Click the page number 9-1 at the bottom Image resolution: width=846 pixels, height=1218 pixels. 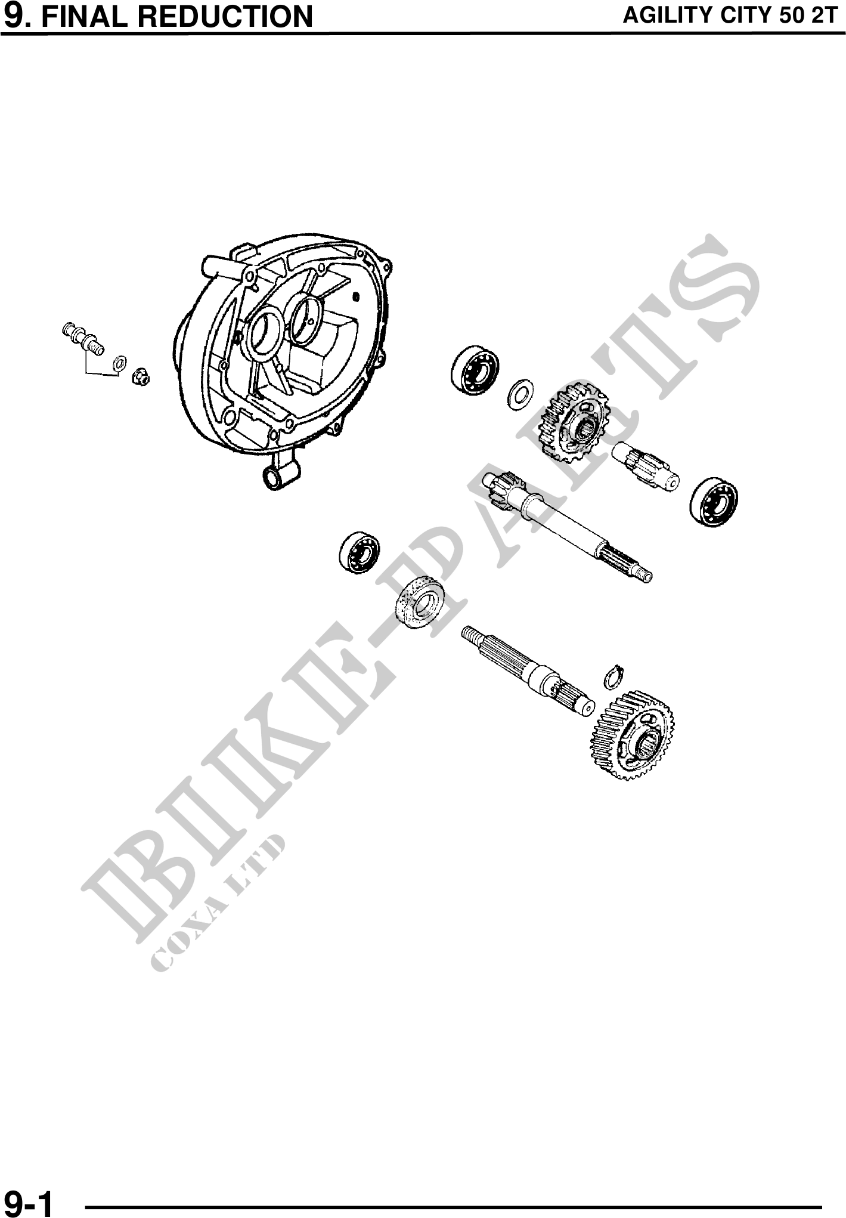click(x=28, y=1201)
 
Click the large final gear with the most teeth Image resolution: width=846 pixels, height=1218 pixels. click(x=633, y=736)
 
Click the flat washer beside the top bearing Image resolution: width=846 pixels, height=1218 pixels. click(x=520, y=393)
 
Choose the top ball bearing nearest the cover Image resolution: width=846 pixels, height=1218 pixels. click(x=475, y=369)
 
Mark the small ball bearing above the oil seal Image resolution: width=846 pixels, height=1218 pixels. click(x=360, y=553)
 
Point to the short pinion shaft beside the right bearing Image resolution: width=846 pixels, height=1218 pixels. click(x=646, y=466)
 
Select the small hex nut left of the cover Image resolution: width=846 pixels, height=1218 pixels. click(x=141, y=376)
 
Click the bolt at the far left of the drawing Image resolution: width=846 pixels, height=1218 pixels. click(x=83, y=338)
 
